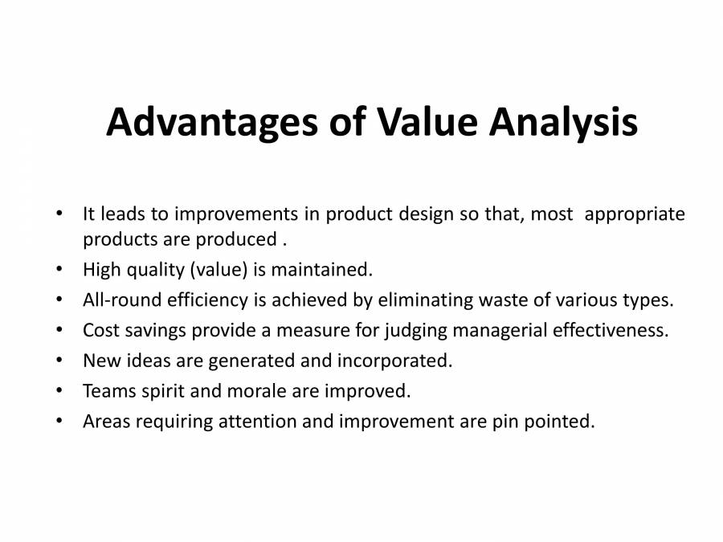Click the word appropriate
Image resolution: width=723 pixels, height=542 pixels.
click(x=635, y=214)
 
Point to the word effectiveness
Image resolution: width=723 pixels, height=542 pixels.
click(x=613, y=330)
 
